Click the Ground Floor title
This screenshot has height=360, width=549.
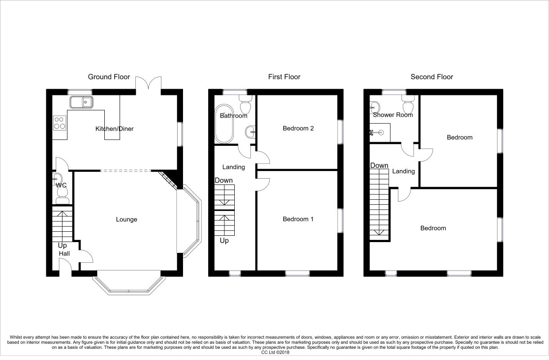(109, 77)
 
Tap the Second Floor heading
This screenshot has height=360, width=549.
(432, 77)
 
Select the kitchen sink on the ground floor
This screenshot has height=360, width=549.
(81, 102)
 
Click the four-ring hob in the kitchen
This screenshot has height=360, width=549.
(59, 123)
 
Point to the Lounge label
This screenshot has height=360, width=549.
(126, 220)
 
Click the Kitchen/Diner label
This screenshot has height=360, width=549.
(115, 129)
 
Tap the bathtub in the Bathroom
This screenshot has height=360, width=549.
(224, 124)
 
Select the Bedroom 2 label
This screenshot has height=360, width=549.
(298, 128)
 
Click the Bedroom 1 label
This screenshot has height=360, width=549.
(298, 219)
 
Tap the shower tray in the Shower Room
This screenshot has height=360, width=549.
(380, 133)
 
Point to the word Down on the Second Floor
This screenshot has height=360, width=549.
(379, 166)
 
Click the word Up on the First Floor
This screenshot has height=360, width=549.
(224, 241)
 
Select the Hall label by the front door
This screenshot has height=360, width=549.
(64, 253)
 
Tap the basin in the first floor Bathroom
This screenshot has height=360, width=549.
(250, 132)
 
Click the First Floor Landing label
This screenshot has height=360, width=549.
(233, 167)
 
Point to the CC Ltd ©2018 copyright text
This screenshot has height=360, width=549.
(275, 352)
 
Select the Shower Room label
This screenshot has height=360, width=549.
(393, 115)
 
